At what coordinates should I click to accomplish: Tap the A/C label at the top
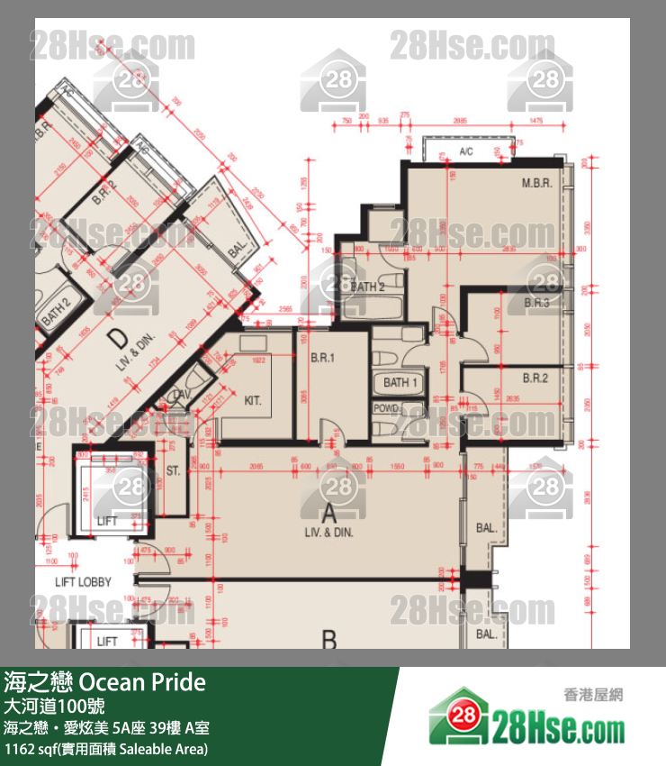point(466,151)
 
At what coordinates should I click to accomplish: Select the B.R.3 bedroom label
point(536,304)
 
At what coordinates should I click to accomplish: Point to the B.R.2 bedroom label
point(535,378)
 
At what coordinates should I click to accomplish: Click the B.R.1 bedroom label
point(322,357)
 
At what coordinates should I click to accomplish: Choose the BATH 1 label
point(401,383)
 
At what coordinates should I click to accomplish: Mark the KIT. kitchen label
point(252,400)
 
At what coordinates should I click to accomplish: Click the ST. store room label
point(174,470)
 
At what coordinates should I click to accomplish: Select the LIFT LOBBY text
point(83,582)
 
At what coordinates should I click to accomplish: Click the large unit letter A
point(329,515)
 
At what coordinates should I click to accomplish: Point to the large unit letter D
point(116,339)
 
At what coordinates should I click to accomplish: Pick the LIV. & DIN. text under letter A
point(328,533)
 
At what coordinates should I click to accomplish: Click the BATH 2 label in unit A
point(368,287)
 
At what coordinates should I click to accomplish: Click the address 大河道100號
point(54,706)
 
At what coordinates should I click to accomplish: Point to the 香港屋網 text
point(593,695)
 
